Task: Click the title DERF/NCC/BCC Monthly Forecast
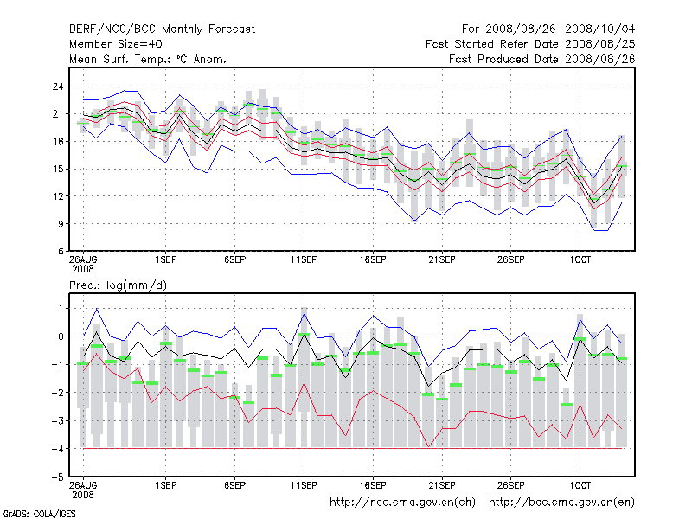(x=162, y=29)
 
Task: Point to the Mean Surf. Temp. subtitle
(x=148, y=59)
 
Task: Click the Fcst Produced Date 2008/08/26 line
(x=542, y=59)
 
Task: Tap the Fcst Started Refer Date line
(x=530, y=43)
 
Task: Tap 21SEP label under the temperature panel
(x=442, y=259)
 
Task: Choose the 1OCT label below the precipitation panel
(x=580, y=485)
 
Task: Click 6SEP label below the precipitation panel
(x=234, y=485)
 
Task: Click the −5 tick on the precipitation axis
(x=57, y=477)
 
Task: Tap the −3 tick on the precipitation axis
(x=57, y=420)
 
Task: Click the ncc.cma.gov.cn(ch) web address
(x=404, y=502)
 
